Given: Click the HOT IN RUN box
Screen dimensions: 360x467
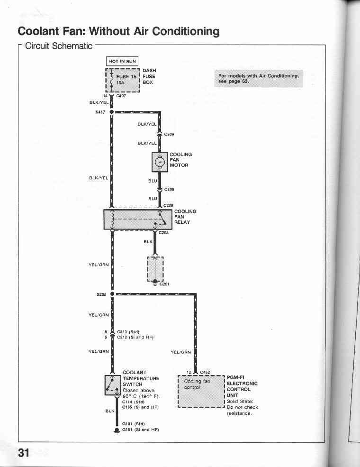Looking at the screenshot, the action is coord(122,61).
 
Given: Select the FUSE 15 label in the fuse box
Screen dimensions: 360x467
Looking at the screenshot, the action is coord(126,76).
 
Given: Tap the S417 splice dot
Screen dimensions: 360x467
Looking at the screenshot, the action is coord(112,112).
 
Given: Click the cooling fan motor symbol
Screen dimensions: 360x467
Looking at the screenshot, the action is coord(160,162).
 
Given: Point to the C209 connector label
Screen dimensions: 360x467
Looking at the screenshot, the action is coord(169,134).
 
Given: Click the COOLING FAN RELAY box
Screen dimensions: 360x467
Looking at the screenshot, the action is coord(138,220).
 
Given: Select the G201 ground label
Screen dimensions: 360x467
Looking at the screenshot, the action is coord(164,284).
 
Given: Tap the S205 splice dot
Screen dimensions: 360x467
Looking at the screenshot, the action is coord(112,294).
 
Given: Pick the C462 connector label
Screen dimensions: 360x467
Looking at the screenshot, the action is coord(205,372).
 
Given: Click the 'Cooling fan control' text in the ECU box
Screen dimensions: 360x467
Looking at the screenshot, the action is coord(197,384).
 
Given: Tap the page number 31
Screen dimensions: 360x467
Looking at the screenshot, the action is coord(24,453).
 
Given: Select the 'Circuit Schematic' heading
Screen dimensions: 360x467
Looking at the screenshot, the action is coord(59,46).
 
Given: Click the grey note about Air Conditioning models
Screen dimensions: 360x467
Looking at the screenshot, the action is coord(259,79).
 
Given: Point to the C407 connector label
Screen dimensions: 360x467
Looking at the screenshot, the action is coord(121,96).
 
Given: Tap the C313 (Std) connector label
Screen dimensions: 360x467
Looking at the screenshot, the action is coord(128,332).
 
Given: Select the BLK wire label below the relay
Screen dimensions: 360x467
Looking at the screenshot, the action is coord(148,242).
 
